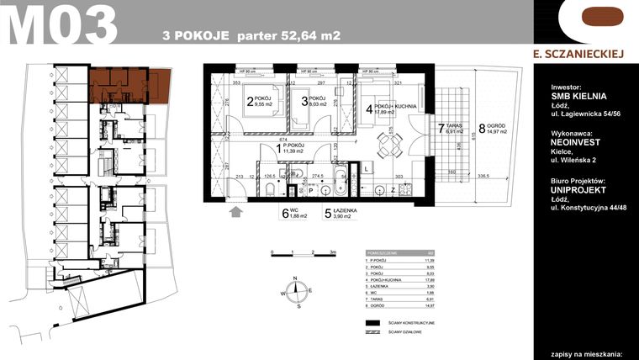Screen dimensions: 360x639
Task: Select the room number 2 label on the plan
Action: click(250, 104)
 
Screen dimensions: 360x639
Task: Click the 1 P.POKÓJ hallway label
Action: click(290, 149)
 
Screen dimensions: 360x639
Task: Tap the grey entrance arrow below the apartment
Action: click(236, 213)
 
